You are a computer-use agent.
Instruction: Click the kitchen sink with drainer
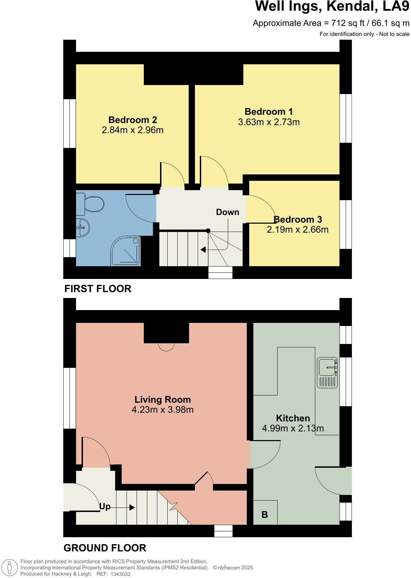[x=327, y=372]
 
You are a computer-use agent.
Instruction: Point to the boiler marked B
[x=265, y=514]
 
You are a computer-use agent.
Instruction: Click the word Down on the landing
[x=227, y=212]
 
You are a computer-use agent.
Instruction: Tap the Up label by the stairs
[x=105, y=506]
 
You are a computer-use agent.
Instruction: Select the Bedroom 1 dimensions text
[x=269, y=122]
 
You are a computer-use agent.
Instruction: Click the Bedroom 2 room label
[x=133, y=120]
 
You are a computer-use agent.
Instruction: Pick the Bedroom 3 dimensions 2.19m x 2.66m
[x=298, y=230]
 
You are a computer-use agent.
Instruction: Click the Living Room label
[x=162, y=399]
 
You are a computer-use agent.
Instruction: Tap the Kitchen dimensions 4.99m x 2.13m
[x=293, y=428]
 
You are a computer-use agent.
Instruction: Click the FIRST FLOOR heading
[x=98, y=289]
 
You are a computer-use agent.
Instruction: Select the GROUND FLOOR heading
[x=105, y=548]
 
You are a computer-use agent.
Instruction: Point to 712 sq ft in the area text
[x=348, y=23]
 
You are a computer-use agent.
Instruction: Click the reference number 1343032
[x=120, y=574]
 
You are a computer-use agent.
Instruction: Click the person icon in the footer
[x=9, y=568]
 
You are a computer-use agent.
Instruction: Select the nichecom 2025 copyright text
[x=234, y=568]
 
